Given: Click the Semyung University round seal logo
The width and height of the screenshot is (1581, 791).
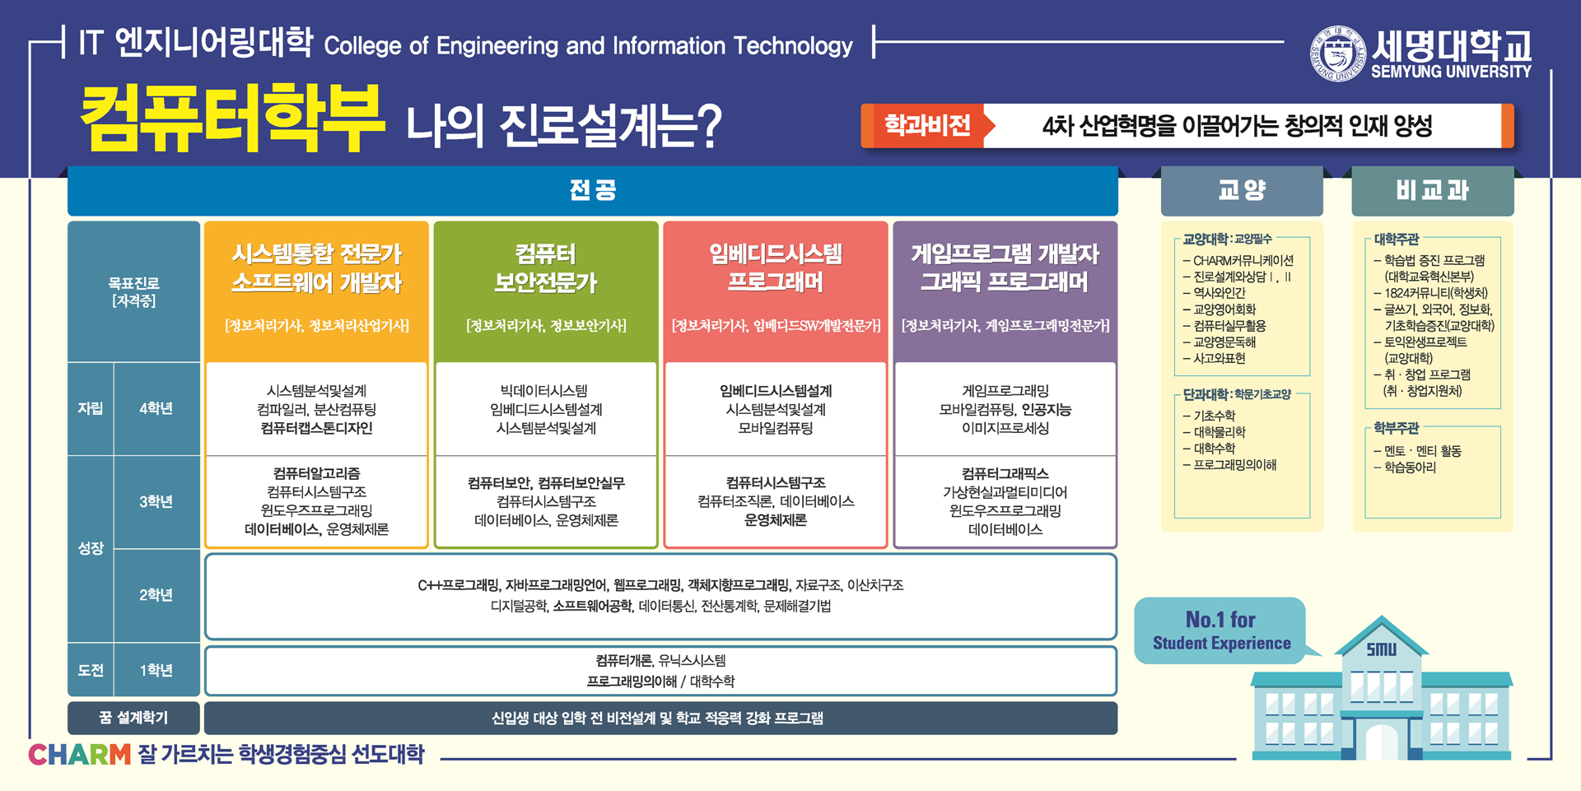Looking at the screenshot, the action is tap(1337, 54).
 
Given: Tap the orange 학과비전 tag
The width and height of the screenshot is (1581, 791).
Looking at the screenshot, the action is tap(928, 126).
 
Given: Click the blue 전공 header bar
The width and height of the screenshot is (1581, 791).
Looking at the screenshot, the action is tap(593, 191).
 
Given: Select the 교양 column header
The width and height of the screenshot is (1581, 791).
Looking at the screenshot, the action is tap(1242, 191).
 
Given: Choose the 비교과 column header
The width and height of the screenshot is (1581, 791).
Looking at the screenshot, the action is tap(1433, 191).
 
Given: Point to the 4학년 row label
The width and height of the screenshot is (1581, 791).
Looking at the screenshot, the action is tap(156, 408).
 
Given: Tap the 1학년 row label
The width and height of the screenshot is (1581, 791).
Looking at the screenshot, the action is tap(156, 670).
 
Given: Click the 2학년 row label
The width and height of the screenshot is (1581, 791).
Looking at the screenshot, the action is tap(156, 594).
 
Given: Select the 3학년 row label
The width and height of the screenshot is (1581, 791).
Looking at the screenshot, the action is tap(156, 501).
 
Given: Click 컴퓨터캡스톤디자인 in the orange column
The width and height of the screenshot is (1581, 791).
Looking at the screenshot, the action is tap(317, 428).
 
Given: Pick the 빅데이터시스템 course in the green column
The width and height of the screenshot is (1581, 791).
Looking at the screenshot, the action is tap(545, 391).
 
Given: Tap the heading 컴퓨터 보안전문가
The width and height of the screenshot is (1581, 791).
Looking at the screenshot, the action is tap(545, 268).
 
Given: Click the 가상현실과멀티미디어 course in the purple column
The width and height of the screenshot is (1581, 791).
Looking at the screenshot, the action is tap(1005, 492).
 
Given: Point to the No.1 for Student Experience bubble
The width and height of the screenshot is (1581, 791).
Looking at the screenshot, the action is tap(1221, 630).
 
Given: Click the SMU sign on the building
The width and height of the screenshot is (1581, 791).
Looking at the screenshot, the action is tap(1382, 649).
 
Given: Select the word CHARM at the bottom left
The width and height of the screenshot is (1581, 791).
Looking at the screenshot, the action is tap(80, 754).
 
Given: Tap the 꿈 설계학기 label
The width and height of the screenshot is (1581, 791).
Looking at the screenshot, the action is tap(133, 718).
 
